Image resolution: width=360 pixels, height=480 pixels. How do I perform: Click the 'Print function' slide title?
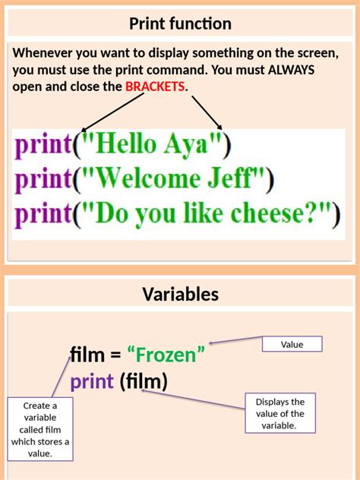pos(180,24)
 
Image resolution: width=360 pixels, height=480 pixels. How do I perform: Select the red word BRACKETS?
pos(155,87)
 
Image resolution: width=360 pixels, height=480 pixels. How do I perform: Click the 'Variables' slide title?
pos(180,294)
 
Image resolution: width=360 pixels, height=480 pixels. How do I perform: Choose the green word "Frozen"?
pos(166,354)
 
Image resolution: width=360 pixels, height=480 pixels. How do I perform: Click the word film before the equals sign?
pos(86,354)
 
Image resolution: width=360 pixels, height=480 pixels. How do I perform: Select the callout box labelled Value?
pos(292,344)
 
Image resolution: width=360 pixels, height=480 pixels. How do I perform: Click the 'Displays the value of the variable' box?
pos(280,413)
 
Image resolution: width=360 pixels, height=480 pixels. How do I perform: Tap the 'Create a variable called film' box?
pos(41,429)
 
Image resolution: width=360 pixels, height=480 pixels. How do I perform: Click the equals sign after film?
pos(115,355)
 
